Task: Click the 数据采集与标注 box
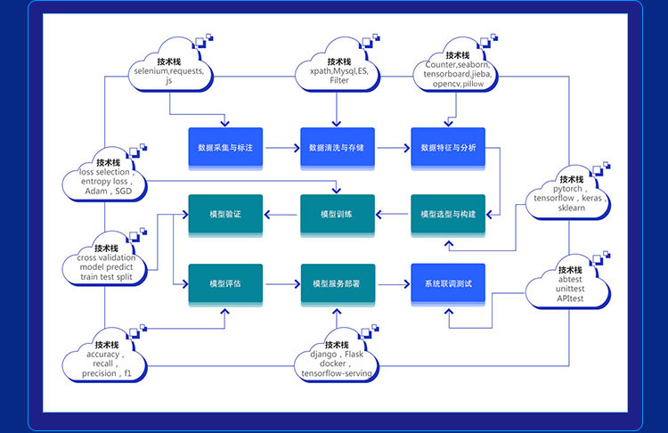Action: (x=224, y=147)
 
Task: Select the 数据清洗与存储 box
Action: (x=336, y=147)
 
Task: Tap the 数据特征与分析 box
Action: (x=447, y=147)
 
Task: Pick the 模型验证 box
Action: (x=224, y=215)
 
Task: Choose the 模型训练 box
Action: (x=336, y=215)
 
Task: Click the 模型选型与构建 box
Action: (x=447, y=215)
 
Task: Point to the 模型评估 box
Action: (x=224, y=283)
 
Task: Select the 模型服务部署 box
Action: (x=336, y=283)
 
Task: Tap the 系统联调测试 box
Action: (x=447, y=283)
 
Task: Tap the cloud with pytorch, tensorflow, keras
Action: (x=568, y=192)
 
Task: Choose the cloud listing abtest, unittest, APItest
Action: (x=568, y=286)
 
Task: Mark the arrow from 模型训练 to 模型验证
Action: (x=281, y=215)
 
